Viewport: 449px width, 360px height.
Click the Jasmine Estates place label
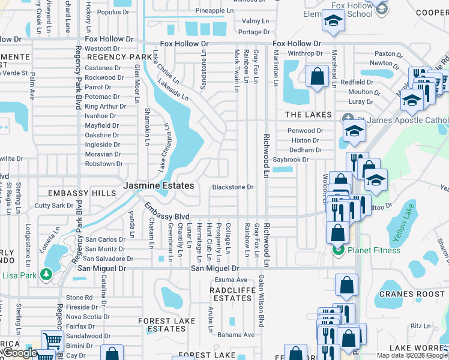[x=158, y=186]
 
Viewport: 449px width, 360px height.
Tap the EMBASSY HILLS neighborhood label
[x=82, y=193]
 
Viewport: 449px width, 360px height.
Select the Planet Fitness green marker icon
[x=337, y=250]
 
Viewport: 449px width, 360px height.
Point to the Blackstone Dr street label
[x=232, y=187]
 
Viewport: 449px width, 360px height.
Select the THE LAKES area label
[x=308, y=115]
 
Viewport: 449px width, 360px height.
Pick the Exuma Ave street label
[x=231, y=280]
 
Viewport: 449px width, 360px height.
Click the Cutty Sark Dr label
[x=53, y=205]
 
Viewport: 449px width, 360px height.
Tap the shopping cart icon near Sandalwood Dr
[x=53, y=340]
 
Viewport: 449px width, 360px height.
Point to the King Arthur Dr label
[x=101, y=106]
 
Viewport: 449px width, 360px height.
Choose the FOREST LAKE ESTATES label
[x=167, y=325]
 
